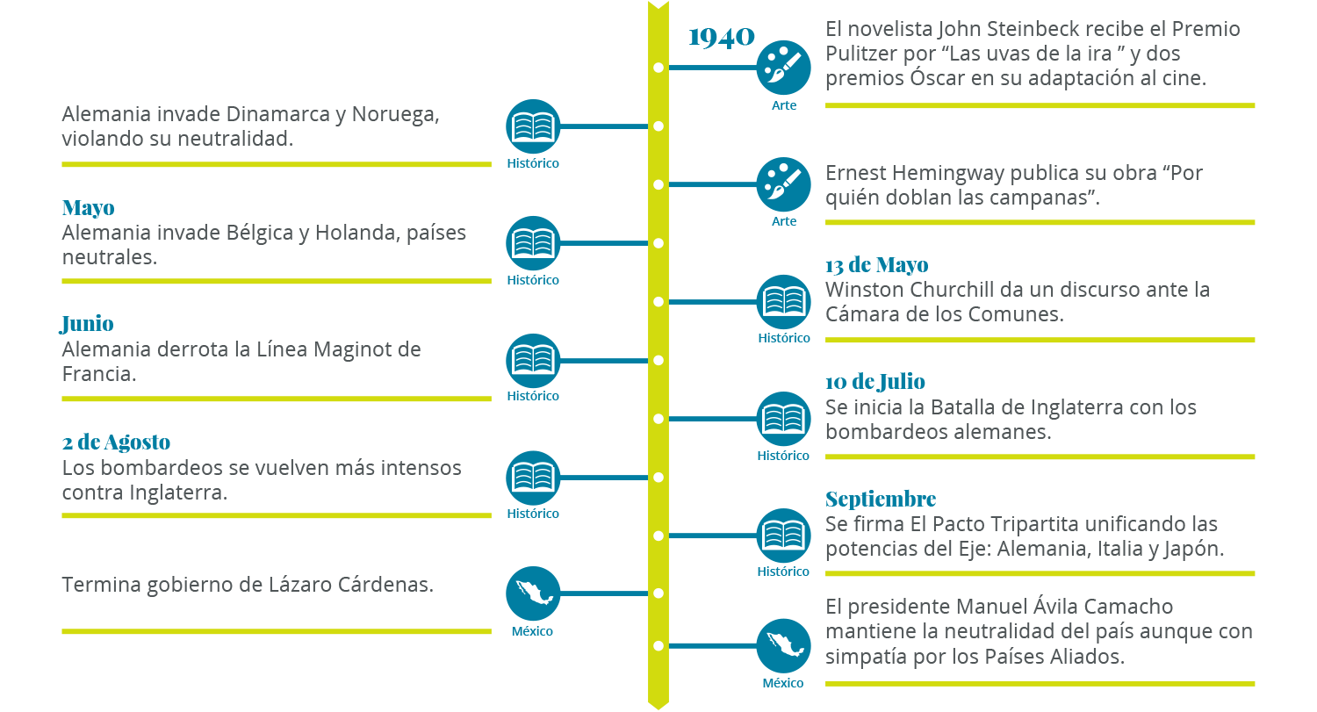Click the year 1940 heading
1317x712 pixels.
721,37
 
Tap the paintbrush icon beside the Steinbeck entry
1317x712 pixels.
783,68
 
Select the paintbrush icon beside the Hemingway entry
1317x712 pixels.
783,184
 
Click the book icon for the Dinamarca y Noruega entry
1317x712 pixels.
533,126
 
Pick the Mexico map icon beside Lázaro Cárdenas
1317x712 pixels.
533,593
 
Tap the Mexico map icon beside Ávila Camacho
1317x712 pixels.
783,646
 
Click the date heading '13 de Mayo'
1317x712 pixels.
876,265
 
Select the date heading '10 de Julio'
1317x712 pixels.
874,382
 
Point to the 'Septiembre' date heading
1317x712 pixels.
880,500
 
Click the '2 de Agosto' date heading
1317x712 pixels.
116,442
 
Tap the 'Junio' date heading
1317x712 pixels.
88,325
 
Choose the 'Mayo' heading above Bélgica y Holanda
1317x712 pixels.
88,208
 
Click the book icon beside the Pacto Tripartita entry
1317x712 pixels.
783,536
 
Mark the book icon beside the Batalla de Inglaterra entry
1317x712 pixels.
783,419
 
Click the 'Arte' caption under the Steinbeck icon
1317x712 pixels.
784,105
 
